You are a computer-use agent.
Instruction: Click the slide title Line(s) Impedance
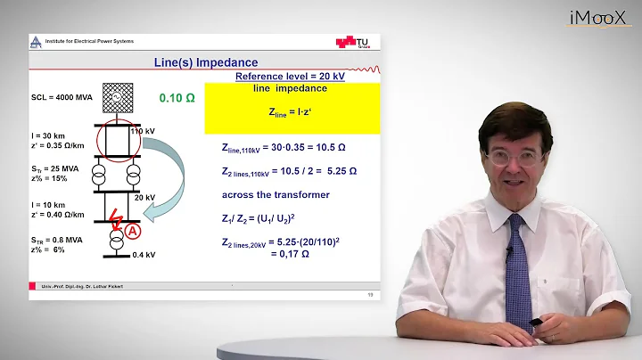pos(202,61)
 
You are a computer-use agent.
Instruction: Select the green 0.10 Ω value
pos(177,97)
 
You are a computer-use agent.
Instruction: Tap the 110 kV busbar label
pos(143,131)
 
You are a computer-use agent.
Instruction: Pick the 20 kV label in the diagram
pos(144,197)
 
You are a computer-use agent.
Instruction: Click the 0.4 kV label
pos(144,255)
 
